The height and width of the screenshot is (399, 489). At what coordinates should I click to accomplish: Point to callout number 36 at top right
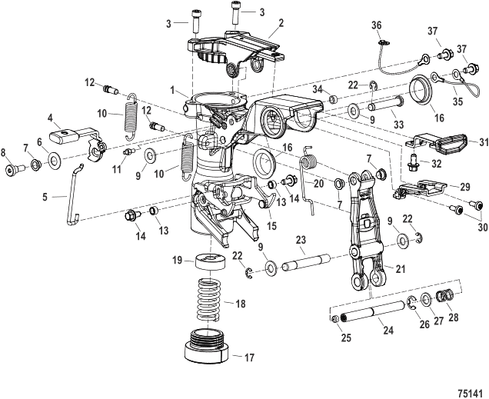[377, 25]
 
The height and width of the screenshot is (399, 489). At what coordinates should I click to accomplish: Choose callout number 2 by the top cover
[281, 24]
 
